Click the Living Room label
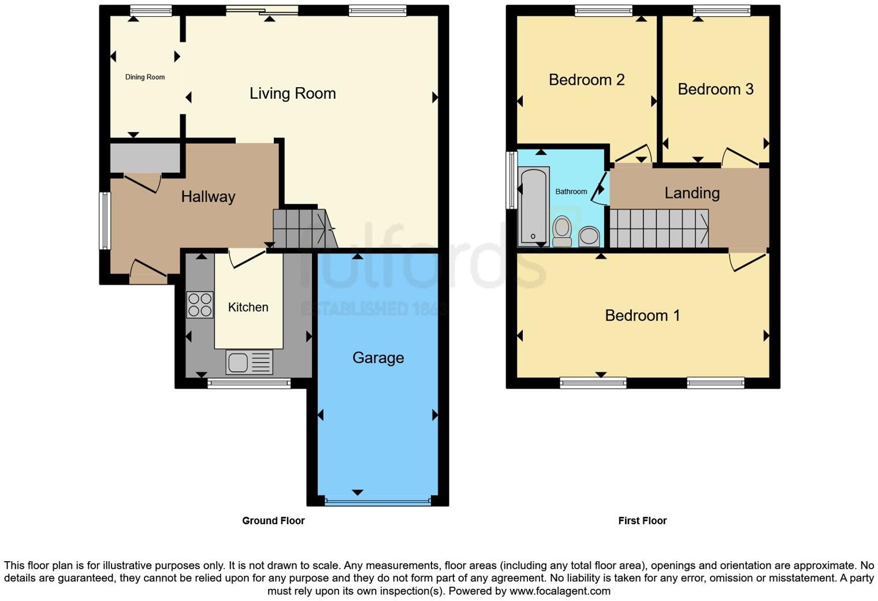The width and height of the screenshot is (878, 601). pos(292,94)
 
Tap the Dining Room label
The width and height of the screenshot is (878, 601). pos(145,77)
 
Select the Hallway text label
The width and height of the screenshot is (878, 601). pos(208,196)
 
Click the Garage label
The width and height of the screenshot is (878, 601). pos(378,358)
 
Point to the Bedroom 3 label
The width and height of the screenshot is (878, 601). pos(715,89)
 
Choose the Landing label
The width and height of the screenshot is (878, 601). pos(691,193)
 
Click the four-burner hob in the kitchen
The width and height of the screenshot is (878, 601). pos(200,305)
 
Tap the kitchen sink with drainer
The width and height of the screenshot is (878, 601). pos(249,363)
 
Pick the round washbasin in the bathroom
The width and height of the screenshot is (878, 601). pos(589,236)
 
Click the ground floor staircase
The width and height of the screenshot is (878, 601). pos(302,229)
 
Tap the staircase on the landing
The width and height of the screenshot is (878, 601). pos(658,229)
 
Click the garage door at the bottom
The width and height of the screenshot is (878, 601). pos(378,502)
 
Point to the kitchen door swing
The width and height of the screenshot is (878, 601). pos(247,258)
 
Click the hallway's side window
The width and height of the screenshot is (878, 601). pos(105,221)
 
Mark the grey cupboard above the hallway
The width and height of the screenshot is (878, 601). pos(145,157)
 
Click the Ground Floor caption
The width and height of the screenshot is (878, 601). pos(273,521)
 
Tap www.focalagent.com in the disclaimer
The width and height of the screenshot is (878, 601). pos(559,591)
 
